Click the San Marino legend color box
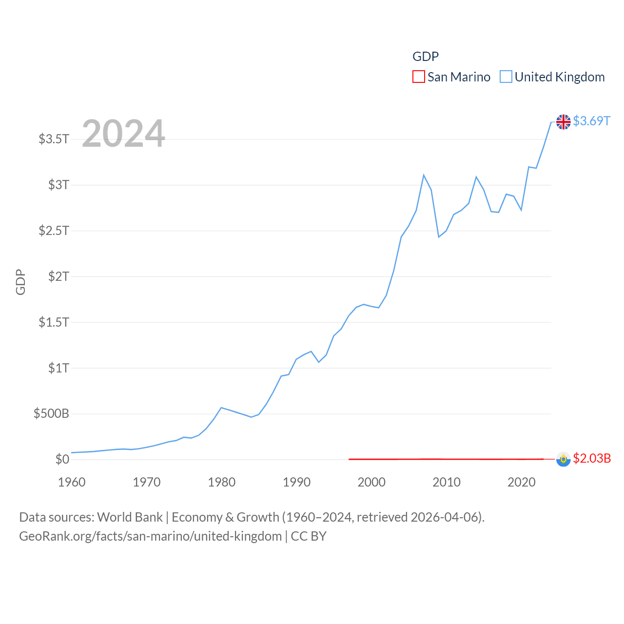tap(418, 77)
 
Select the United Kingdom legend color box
tap(506, 77)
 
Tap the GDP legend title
tap(426, 57)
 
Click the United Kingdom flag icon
tap(563, 122)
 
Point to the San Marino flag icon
tap(563, 459)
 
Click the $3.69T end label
tap(591, 121)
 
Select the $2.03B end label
tap(592, 458)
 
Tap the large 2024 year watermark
tap(123, 134)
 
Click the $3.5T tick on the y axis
tap(54, 139)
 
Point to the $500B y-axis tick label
tap(51, 414)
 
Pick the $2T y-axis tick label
tap(58, 276)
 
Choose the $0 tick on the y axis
tap(62, 459)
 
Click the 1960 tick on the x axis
tap(72, 482)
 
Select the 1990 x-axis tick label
tap(296, 482)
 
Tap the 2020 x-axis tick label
tap(521, 482)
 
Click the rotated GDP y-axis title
tap(20, 282)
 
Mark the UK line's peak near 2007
tap(424, 175)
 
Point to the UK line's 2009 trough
tap(439, 237)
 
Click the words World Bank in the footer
tap(130, 517)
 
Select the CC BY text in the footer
tap(309, 536)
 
